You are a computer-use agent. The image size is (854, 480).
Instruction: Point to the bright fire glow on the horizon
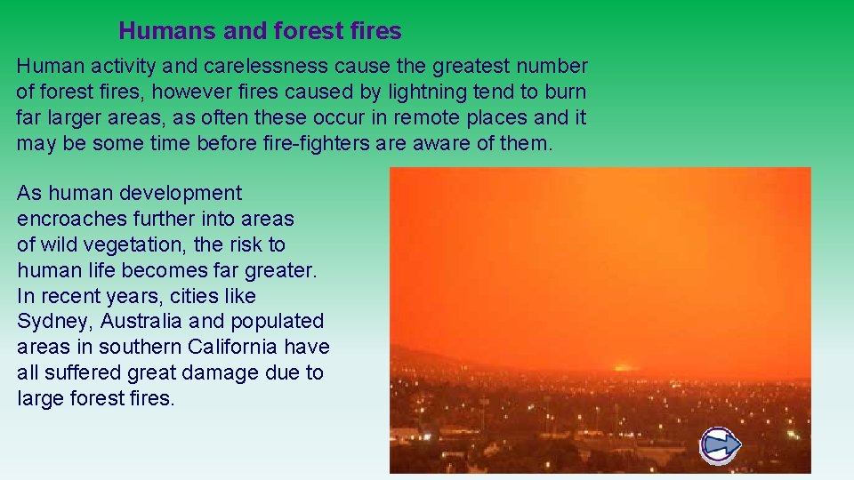pos(620,366)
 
